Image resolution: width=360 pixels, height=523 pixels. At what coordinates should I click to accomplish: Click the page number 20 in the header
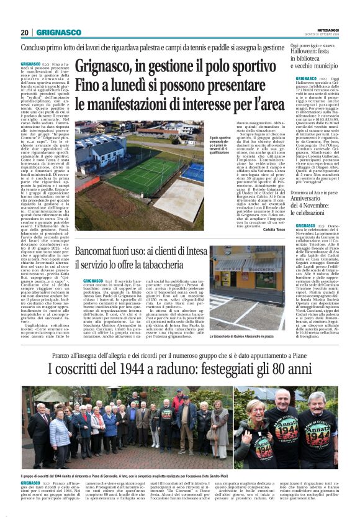25,32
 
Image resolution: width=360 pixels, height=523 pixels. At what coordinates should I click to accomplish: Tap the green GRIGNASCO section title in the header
58,32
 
